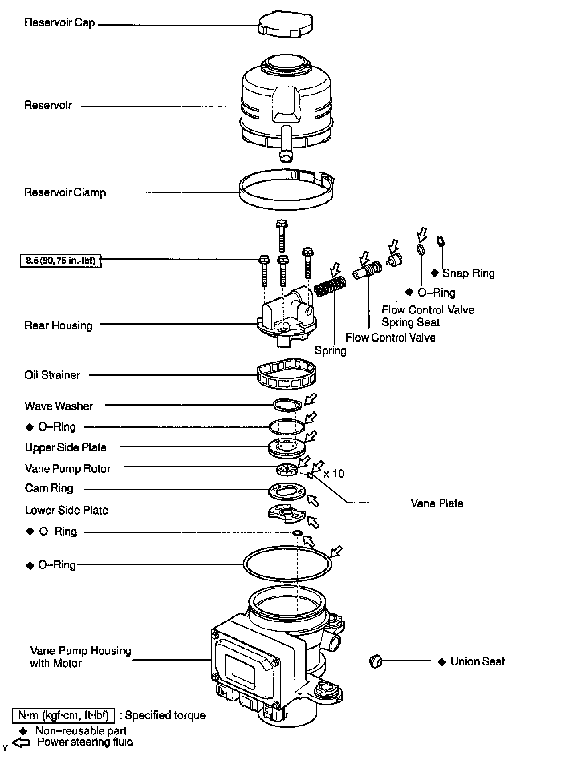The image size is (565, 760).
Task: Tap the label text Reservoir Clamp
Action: pos(65,193)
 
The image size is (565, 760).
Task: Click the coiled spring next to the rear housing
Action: pos(330,286)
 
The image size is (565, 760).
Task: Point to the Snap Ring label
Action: pos(468,273)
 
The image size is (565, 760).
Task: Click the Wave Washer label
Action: pos(59,406)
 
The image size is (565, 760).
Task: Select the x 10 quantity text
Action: pos(334,474)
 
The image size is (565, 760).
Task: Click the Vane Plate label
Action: pos(437,503)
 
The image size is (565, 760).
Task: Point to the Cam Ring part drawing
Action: pos(287,491)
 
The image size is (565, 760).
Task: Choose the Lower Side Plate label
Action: pos(67,511)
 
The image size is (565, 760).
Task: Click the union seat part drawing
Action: pos(375,661)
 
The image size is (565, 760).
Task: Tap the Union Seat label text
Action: pos(478,662)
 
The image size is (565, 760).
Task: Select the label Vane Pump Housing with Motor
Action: pos(80,657)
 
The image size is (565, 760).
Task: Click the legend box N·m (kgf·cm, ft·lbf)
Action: pos(63,715)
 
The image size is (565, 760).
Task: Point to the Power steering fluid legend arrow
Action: pos(21,742)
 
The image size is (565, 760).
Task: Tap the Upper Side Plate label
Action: pos(66,448)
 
